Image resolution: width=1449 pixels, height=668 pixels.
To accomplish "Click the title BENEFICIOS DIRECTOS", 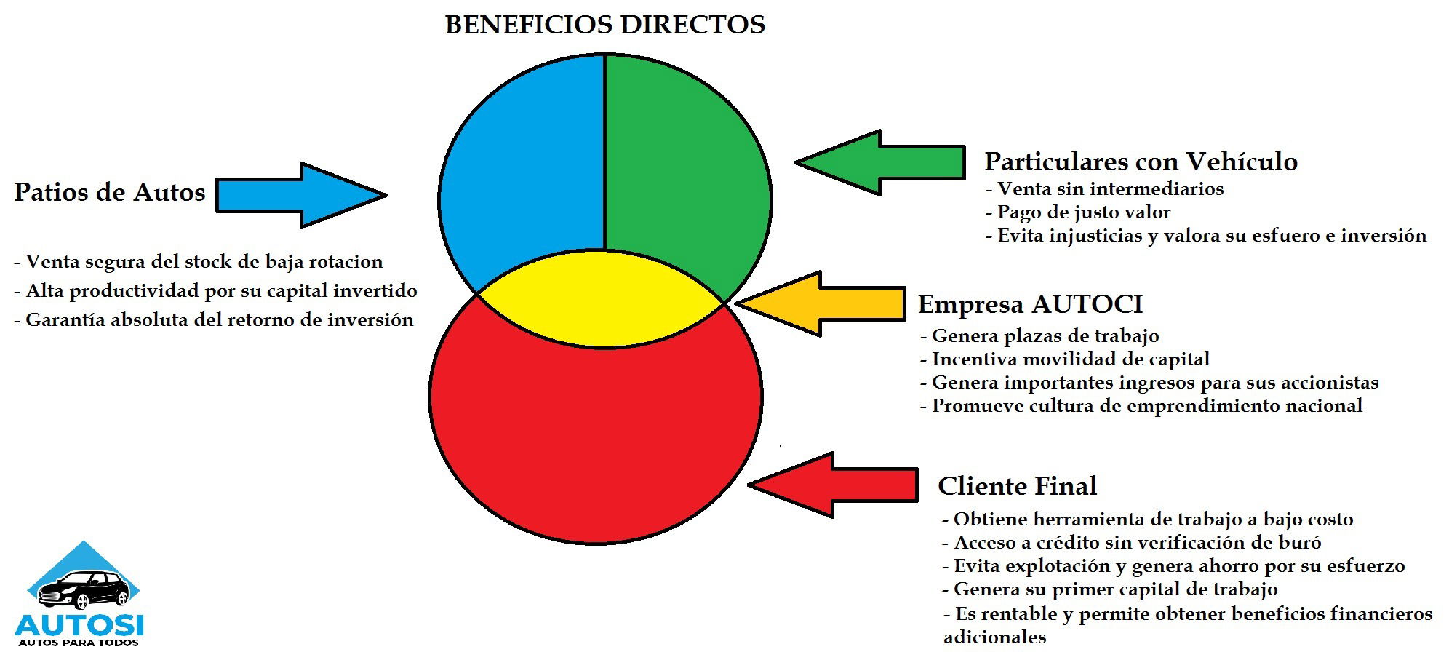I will [604, 25].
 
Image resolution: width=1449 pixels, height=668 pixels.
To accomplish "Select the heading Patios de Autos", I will [110, 192].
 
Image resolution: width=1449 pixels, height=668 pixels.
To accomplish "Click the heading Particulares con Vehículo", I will [1141, 161].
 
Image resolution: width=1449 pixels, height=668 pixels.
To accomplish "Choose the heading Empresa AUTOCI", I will [1030, 303].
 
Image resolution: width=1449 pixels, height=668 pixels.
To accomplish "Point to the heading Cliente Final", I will [1017, 485].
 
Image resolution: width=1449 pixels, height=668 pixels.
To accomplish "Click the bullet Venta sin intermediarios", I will [1104, 189].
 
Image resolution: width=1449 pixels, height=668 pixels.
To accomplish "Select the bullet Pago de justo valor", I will [1078, 212].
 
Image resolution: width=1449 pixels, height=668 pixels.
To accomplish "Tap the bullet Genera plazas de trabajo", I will [1039, 335].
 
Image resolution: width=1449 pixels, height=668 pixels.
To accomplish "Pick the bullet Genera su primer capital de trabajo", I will [1110, 589].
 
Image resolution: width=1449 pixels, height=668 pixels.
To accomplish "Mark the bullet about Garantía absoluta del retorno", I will [214, 319].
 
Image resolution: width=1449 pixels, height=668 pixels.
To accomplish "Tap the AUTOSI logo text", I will [79, 624].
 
